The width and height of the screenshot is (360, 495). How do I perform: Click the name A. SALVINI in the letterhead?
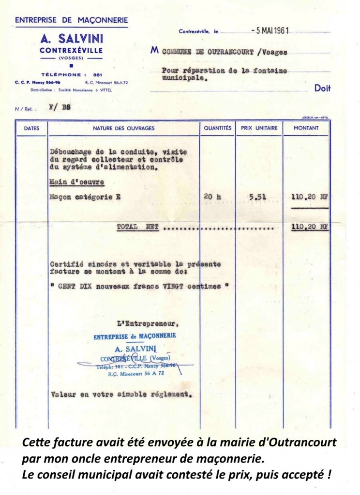pos(71,38)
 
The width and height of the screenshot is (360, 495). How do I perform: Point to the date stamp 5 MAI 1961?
pos(270,30)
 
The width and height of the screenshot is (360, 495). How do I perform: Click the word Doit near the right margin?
pos(322,88)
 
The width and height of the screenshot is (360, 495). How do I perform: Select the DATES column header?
pos(31,128)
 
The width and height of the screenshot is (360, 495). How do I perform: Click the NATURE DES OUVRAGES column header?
pos(124,128)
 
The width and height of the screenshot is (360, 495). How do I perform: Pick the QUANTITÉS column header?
pos(218,128)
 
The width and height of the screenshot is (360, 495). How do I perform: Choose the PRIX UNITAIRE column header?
pos(259,128)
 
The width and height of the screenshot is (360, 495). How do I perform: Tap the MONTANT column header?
pos(306,128)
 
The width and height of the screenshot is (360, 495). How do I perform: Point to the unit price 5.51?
pos(257,197)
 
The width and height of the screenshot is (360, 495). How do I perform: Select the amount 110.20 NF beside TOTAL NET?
pos(310,226)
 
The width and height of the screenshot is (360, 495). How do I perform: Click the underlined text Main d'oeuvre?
pos(77,182)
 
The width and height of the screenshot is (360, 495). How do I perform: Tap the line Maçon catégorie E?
pos(85,197)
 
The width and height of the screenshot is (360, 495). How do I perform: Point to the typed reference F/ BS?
pos(60,108)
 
